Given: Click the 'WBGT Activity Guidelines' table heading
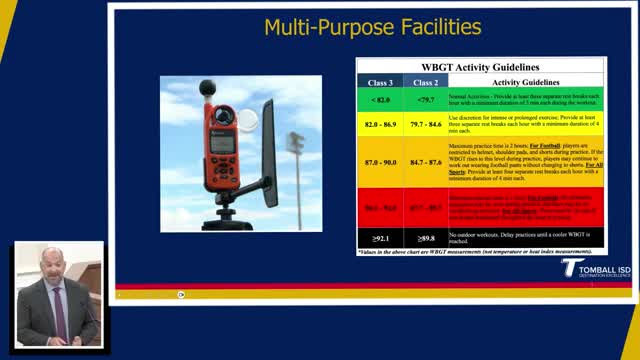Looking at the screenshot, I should (x=480, y=67).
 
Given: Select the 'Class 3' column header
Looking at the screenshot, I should (x=381, y=82).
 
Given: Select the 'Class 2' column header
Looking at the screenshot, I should (x=425, y=82).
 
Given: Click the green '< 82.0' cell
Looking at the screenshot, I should (x=381, y=99).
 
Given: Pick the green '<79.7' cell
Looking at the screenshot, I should (x=425, y=99).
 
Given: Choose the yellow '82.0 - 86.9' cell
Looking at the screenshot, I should (x=381, y=124).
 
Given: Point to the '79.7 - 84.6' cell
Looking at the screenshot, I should (x=425, y=124).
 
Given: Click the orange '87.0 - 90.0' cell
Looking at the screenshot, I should (x=381, y=160).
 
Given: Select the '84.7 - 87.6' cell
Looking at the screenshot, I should (x=425, y=160).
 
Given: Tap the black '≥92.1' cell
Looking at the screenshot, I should (x=381, y=238).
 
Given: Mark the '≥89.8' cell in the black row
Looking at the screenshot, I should (x=425, y=238).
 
